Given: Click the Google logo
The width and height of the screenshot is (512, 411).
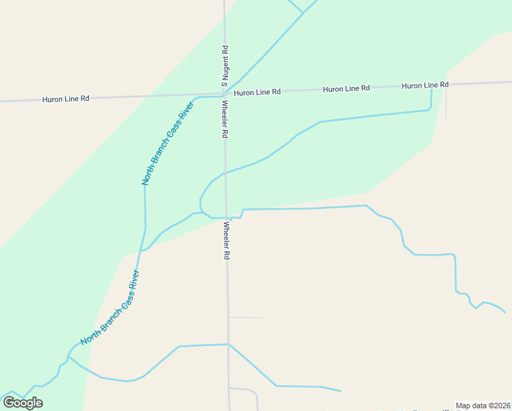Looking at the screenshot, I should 23,403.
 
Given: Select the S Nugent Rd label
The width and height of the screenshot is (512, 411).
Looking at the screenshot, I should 224,66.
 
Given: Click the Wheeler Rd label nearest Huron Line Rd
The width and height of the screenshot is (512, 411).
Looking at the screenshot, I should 224,119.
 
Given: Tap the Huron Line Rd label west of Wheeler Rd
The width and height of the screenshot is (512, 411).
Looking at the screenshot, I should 66,99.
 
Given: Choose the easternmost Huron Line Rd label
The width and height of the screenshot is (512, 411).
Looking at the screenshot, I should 425,86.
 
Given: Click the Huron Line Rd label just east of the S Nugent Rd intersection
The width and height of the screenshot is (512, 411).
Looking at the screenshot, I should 257,92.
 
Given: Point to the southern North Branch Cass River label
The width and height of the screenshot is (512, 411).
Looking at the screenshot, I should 110,308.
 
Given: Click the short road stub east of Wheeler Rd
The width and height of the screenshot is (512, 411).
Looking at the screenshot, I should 245,318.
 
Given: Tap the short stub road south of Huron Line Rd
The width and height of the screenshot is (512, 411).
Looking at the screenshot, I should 446,103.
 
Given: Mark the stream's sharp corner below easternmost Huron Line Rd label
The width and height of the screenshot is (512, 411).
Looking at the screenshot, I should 431,108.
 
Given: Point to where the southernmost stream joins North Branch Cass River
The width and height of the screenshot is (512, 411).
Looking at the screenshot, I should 68,356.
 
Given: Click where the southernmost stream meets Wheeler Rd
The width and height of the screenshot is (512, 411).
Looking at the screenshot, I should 228,344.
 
